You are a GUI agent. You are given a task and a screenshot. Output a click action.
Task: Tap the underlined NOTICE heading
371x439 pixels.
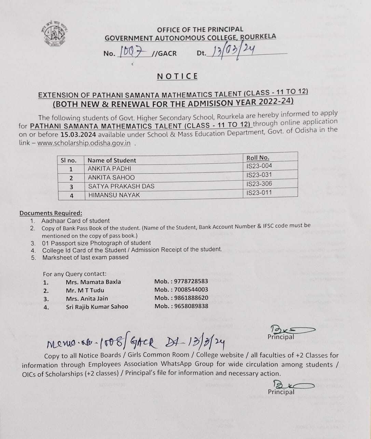click(x=177, y=76)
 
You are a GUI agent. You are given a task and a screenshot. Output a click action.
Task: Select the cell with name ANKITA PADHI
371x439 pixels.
click(x=109, y=169)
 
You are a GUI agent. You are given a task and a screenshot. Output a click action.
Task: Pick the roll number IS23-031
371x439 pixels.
click(x=259, y=175)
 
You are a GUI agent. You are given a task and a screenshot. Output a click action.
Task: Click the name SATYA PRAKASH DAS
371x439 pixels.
click(x=121, y=186)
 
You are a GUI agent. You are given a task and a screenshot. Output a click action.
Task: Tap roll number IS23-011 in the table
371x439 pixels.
click(x=259, y=192)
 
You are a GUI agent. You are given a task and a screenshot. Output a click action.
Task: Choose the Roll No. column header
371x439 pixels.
click(x=258, y=158)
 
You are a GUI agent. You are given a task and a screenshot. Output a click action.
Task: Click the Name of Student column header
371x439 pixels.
click(x=112, y=160)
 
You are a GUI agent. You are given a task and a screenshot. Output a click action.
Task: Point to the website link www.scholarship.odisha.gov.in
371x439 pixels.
click(x=84, y=143)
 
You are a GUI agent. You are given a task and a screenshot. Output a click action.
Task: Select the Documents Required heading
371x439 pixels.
click(x=51, y=213)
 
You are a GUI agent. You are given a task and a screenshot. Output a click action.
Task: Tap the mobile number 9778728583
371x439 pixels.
click(x=191, y=281)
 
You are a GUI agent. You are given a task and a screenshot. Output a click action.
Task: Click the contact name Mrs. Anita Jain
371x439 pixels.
click(x=87, y=298)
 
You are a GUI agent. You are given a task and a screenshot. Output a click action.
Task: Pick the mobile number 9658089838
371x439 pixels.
click(x=191, y=306)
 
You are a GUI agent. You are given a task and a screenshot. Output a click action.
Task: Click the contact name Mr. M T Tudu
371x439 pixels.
click(x=85, y=290)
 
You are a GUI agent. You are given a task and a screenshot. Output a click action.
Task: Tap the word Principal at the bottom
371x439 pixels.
click(x=281, y=392)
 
